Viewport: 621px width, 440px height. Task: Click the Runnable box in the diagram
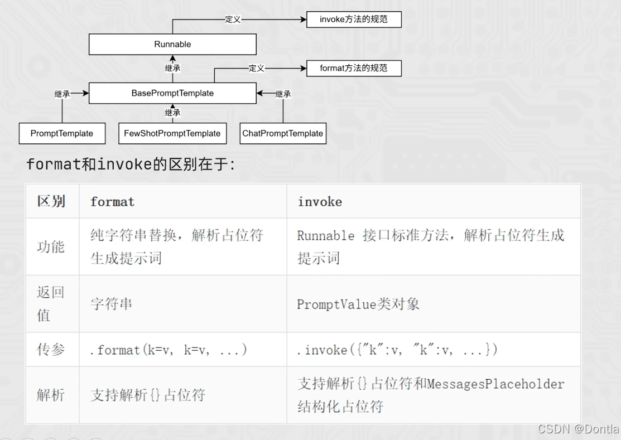coord(172,44)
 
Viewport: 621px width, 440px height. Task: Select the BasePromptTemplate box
coord(172,93)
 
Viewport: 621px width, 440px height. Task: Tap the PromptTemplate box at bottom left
coord(62,133)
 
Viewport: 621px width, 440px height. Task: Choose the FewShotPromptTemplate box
coord(172,133)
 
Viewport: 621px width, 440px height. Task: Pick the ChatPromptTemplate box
coord(282,133)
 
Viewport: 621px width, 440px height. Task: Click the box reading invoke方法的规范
coord(354,20)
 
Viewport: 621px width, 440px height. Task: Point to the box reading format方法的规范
coord(354,68)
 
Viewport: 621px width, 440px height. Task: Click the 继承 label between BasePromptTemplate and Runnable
coord(172,69)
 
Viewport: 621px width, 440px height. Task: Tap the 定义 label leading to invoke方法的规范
coord(233,20)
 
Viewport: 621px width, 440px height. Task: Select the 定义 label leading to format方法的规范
coord(256,68)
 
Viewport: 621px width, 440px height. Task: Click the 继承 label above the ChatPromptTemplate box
coord(283,94)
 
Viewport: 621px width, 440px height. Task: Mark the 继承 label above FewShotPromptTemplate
coord(172,113)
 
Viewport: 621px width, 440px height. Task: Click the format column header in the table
coord(112,201)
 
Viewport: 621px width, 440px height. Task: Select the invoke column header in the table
coord(320,201)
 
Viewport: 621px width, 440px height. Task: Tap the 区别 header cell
coord(51,201)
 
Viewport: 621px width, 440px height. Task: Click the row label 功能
coord(51,246)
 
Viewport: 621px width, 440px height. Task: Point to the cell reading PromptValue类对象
coord(358,304)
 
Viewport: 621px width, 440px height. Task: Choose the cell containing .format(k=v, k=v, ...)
coord(169,350)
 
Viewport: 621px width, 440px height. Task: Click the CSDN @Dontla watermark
coord(578,429)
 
